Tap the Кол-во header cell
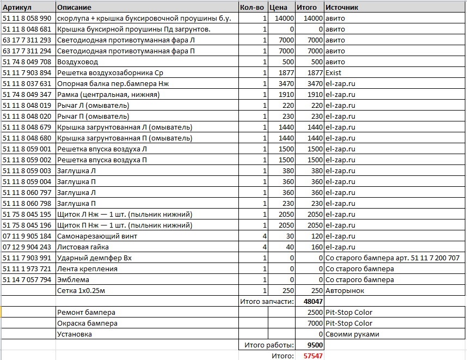pyautogui.click(x=253, y=7)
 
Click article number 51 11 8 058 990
pyautogui.click(x=27, y=18)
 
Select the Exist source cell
pyautogui.click(x=335, y=72)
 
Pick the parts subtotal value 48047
pyautogui.click(x=313, y=301)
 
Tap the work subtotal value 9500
pyautogui.click(x=315, y=345)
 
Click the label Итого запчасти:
pyautogui.click(x=267, y=301)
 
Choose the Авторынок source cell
pyautogui.click(x=345, y=290)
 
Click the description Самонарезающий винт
pyautogui.click(x=97, y=236)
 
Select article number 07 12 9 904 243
pyautogui.click(x=27, y=247)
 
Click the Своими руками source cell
pyautogui.click(x=352, y=334)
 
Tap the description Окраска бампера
pyautogui.click(x=87, y=323)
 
